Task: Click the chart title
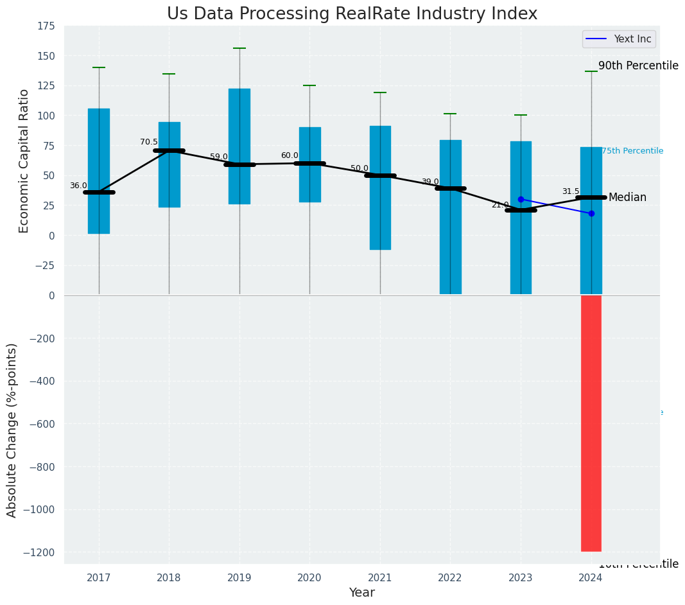click(x=352, y=14)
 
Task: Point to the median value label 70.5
click(x=149, y=142)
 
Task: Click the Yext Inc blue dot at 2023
click(x=521, y=199)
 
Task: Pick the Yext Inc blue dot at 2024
click(x=591, y=213)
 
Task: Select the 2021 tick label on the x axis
click(x=380, y=578)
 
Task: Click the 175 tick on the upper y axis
click(x=46, y=26)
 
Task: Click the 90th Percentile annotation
click(x=638, y=66)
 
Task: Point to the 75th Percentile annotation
click(x=632, y=151)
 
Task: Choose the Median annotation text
click(x=627, y=197)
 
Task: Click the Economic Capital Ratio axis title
click(x=24, y=161)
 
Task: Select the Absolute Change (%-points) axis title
click(x=12, y=430)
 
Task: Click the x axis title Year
click(x=361, y=593)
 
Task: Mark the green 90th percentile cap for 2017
click(x=99, y=67)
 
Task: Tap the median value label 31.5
click(x=571, y=191)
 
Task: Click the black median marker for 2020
click(x=309, y=163)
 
